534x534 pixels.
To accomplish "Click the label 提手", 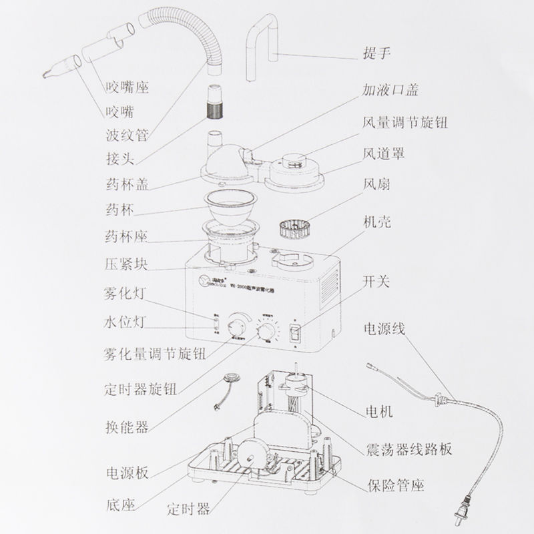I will coord(376,54).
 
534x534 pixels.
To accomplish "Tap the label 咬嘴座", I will coord(127,87).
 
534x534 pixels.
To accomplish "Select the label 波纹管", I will coord(127,136).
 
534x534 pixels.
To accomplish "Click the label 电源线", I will coord(383,329).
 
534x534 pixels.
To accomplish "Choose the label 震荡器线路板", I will coord(405,449).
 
